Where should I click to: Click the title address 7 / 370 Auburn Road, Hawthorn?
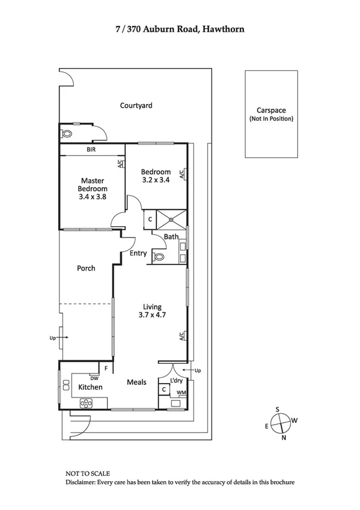180,28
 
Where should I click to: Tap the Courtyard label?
136,105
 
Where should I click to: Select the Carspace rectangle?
271,114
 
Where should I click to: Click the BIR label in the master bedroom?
91,149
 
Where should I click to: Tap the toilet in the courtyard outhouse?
66,134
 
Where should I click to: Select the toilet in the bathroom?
159,256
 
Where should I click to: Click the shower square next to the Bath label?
172,219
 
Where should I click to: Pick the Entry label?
138,253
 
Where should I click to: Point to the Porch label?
86,268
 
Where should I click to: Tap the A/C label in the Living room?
182,337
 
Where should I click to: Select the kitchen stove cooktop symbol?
86,402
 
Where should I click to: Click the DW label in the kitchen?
94,378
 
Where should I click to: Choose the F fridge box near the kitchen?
106,367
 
